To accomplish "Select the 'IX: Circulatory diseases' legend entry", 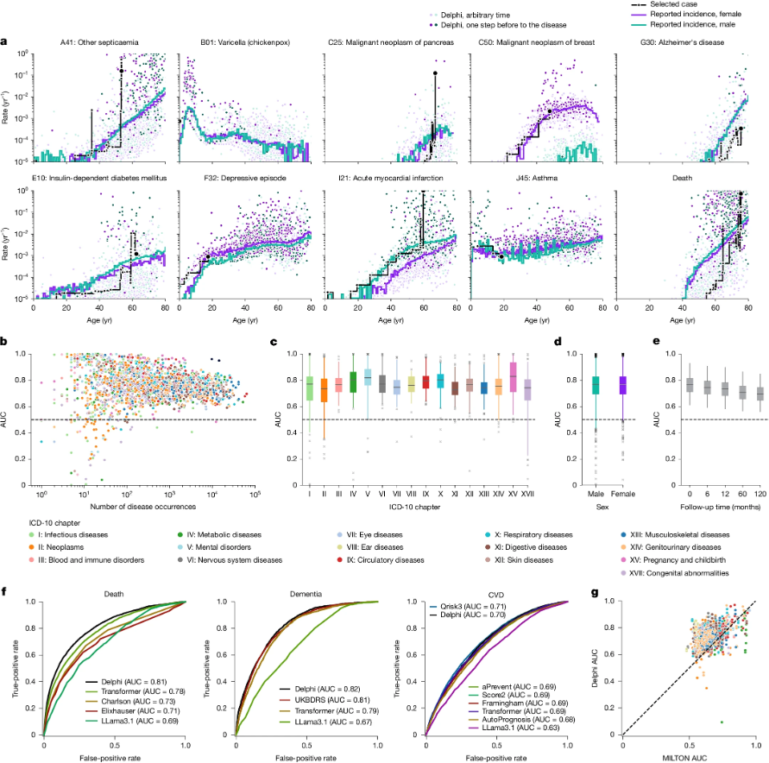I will pos(381,559).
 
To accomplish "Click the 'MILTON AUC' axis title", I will pos(694,756).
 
